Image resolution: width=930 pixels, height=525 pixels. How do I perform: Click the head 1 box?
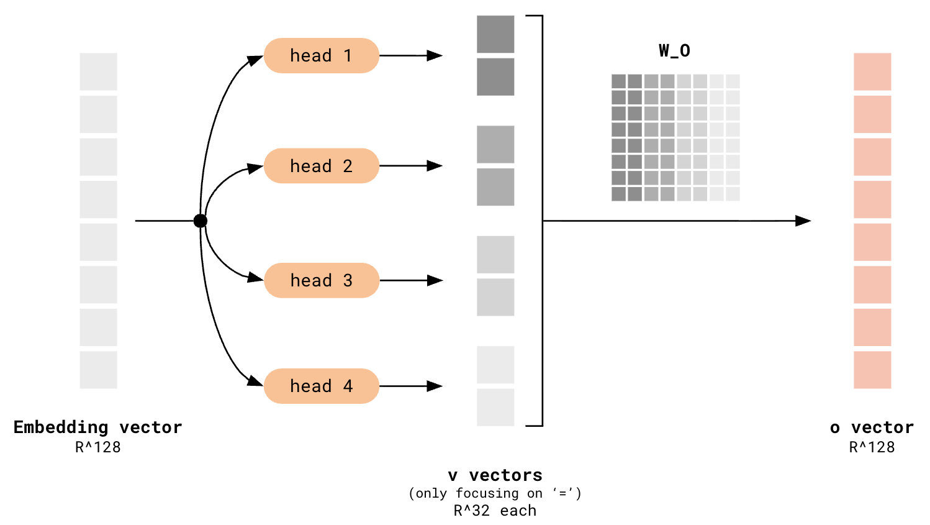pos(321,55)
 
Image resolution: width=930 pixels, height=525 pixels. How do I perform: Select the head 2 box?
pos(321,166)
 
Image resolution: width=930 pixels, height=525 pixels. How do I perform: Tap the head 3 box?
pos(321,280)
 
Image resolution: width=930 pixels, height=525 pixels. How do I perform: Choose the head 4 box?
pos(321,386)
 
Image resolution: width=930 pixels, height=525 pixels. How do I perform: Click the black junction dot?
pos(200,221)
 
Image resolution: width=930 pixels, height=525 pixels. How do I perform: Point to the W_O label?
pos(674,50)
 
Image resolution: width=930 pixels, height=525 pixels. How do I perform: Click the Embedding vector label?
pos(98,427)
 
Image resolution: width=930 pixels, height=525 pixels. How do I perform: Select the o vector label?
pos(872,427)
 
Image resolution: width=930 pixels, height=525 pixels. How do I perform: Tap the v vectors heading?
pos(495,475)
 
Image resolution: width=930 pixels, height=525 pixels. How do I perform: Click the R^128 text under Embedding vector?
pos(98,447)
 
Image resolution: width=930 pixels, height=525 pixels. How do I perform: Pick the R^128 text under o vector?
pos(872,447)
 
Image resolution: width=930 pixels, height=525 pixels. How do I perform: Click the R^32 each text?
pos(495,511)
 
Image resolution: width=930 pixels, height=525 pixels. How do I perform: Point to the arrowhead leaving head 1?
pos(435,55)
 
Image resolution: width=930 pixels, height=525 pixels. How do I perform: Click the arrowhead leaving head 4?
pos(435,386)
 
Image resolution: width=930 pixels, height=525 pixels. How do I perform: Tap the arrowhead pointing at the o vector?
pos(803,221)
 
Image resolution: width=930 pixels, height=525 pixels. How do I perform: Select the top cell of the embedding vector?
pos(98,71)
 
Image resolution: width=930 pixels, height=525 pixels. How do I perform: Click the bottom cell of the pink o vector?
pos(872,370)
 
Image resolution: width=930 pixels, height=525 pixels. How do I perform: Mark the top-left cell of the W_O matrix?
pos(618,81)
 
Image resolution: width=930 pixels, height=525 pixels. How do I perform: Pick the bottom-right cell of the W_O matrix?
pos(733,194)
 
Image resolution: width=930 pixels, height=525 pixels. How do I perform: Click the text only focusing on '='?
pos(495,493)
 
